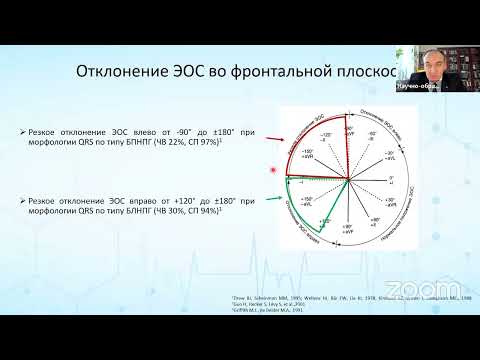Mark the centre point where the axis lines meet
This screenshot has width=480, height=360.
pos(347,181)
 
